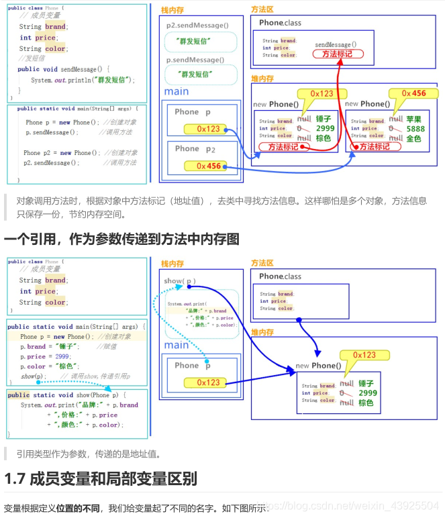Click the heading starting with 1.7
click(101, 479)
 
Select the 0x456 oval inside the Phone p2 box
click(209, 166)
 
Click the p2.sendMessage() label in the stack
click(197, 25)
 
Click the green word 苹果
click(413, 119)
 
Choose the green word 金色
click(413, 138)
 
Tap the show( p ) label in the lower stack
click(180, 280)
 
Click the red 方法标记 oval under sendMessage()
click(337, 54)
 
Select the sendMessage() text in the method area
click(336, 44)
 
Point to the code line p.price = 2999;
click(45, 356)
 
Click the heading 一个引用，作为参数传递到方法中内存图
click(121, 239)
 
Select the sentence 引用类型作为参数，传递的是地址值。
click(89, 454)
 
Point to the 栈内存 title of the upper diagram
click(172, 10)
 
